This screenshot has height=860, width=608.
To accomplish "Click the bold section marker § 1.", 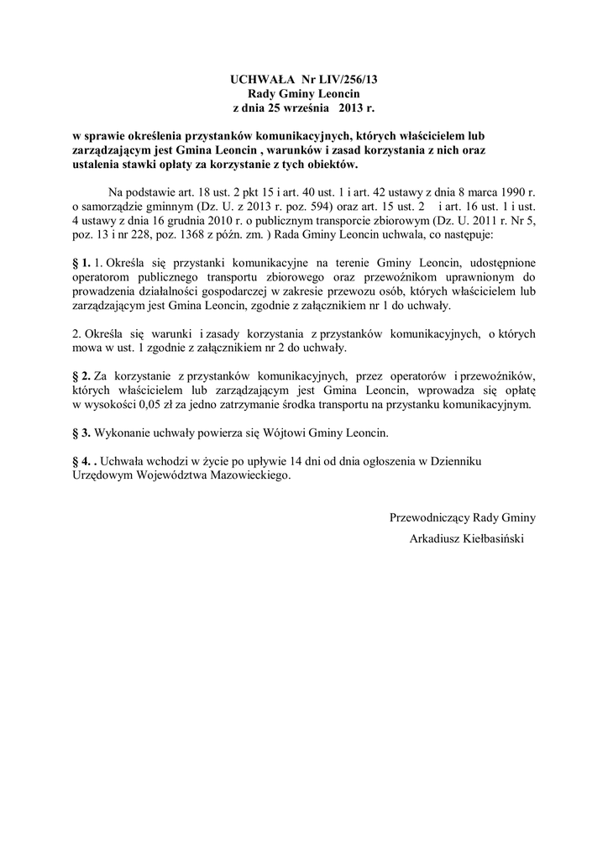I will pos(81,264).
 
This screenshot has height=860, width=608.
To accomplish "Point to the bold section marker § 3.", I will pos(81,433).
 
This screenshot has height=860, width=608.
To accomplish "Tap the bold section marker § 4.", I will pos(81,462).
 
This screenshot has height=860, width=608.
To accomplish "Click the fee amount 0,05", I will pos(166,405).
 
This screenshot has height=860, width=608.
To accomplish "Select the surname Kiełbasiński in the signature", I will pos(490,538).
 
